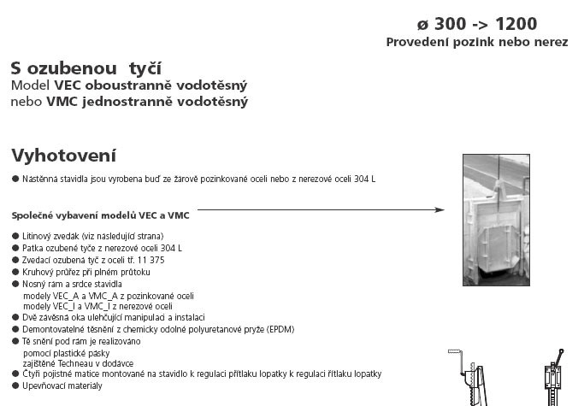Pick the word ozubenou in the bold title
pyautogui.click(x=77, y=68)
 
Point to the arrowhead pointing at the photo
pyautogui.click(x=439, y=209)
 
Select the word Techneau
pyautogui.click(x=74, y=363)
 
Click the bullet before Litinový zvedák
pyautogui.click(x=15, y=236)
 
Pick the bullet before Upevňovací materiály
pyautogui.click(x=15, y=386)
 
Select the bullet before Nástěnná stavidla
pyautogui.click(x=15, y=179)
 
